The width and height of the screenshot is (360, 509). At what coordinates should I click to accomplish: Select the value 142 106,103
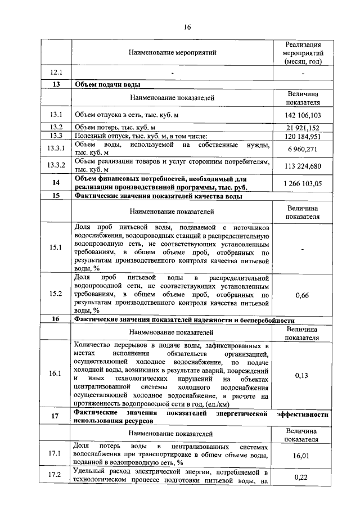click(x=303, y=115)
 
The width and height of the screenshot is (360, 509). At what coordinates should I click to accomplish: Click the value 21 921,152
click(x=303, y=128)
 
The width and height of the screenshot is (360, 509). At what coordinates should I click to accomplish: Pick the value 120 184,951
click(x=303, y=136)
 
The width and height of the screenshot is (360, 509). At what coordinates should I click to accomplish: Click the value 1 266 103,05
click(x=303, y=183)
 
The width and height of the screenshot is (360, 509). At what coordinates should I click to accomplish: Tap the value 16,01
click(x=303, y=457)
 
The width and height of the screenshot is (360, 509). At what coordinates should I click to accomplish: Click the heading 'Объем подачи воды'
click(x=107, y=84)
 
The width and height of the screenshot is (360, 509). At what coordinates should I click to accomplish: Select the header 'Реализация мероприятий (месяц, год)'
click(x=303, y=53)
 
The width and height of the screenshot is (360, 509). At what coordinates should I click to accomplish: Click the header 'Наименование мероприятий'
click(x=172, y=53)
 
